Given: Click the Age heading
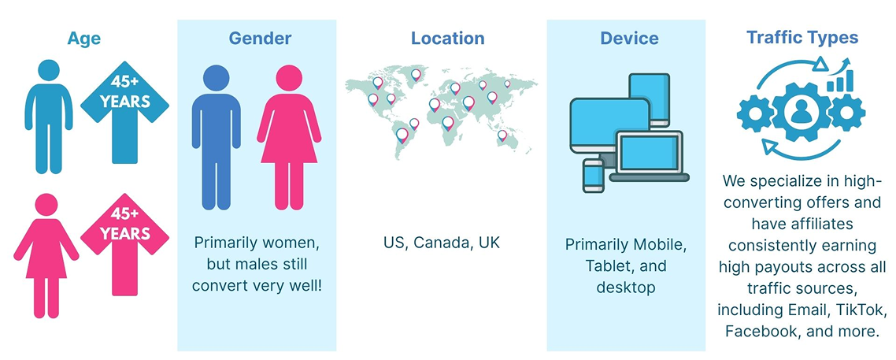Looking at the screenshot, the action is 83,39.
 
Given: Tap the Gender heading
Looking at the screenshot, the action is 260,39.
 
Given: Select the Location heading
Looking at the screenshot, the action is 447,39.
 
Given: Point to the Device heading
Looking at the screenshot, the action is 629,39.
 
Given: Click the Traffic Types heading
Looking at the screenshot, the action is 802,38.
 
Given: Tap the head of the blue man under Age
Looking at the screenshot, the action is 49,70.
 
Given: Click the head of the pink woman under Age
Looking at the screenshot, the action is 46,205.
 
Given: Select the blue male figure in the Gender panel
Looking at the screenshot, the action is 216,137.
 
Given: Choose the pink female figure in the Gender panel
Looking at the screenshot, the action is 289,137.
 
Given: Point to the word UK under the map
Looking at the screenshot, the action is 489,242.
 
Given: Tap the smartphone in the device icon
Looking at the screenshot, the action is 593,176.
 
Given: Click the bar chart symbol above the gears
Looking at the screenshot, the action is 839,80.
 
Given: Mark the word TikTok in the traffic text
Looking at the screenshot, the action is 861,311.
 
